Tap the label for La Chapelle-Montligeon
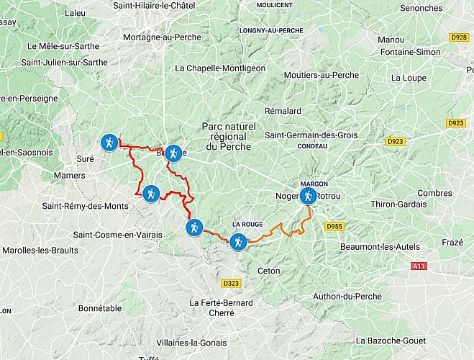(220, 68)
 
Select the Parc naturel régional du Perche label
(227, 136)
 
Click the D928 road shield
(458, 37)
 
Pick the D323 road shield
(231, 284)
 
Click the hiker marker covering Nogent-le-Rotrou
(308, 196)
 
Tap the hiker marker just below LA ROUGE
(238, 242)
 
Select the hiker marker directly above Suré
(109, 143)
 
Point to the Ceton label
(269, 271)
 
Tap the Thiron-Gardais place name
(398, 204)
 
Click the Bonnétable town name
(100, 307)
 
